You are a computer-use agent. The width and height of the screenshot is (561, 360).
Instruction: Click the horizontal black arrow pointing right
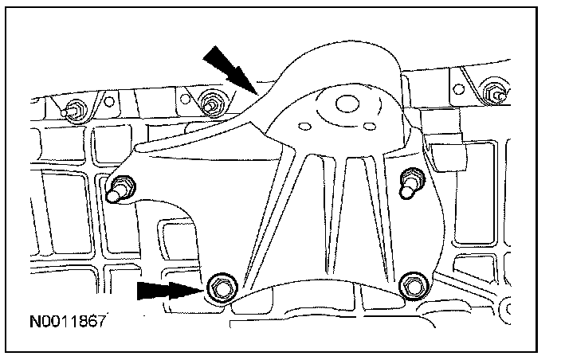[x=166, y=290]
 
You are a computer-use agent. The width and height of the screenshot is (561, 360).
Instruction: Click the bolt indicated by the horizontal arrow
[x=220, y=288]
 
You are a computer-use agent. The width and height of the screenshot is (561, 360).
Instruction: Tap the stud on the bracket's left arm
[x=118, y=189]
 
